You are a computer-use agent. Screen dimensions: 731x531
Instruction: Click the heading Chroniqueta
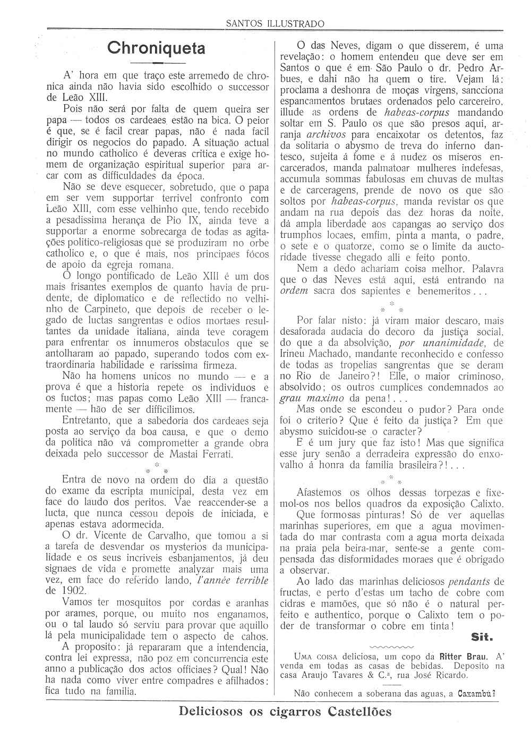(x=156, y=48)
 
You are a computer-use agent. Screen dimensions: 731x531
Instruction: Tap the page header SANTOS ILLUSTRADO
(x=275, y=23)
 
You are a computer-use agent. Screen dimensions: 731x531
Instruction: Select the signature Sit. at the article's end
(x=482, y=637)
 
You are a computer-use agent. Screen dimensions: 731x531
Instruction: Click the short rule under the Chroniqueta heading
(x=156, y=63)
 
